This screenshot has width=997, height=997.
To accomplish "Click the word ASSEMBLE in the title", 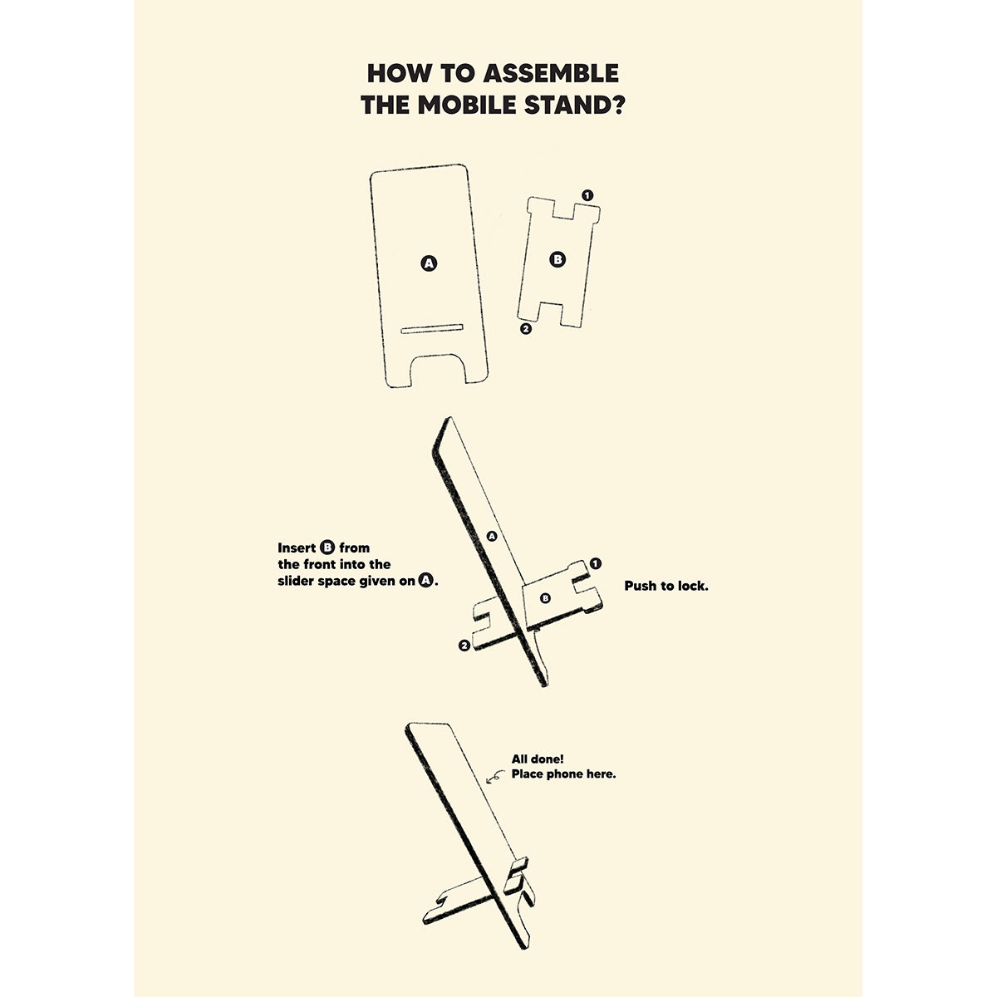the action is point(551,73).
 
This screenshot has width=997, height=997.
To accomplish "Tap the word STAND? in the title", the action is point(575,106).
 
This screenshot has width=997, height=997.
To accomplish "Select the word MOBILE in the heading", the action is point(467,106).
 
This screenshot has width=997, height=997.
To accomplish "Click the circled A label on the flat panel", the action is point(429,263).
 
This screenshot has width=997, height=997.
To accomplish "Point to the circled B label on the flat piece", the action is point(557,259).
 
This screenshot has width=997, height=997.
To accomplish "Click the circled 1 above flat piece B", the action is point(587,195).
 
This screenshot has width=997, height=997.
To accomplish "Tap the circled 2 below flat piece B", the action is point(526,328).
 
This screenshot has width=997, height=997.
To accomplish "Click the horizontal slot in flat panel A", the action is point(431,328).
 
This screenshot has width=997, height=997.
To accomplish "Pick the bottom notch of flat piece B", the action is point(550,313).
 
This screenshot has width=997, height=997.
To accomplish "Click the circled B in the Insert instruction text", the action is point(327,548).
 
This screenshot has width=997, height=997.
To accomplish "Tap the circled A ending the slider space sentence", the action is point(426,581).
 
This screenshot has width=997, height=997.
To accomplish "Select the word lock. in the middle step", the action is point(692,587).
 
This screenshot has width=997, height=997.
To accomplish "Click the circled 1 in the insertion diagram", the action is point(596,563).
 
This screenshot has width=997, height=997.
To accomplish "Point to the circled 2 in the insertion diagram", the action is point(464,646).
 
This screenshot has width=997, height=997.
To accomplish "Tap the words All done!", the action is point(538,759).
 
